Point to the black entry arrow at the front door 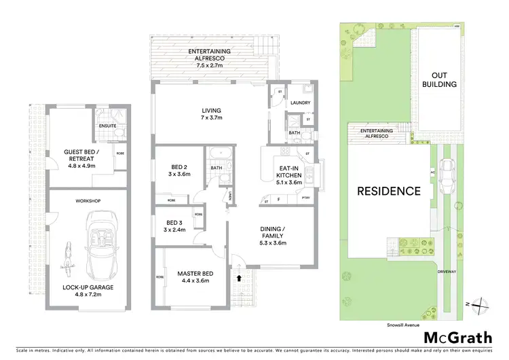click(238, 277)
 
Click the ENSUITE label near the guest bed click(107, 126)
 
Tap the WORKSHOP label click(88, 201)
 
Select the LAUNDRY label click(300, 103)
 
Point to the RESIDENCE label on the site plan click(390, 191)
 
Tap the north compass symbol click(481, 306)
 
